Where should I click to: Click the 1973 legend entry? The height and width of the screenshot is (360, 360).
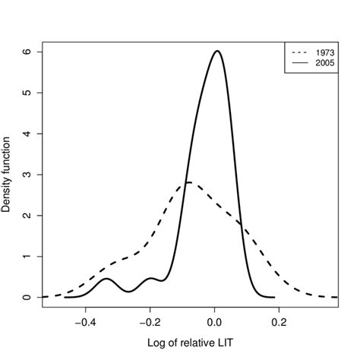[321, 52]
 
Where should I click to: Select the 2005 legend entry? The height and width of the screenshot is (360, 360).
[321, 64]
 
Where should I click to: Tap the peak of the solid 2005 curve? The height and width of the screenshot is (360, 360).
[217, 52]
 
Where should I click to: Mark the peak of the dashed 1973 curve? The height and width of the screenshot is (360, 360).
[188, 182]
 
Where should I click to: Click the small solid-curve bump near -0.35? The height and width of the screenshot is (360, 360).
[106, 279]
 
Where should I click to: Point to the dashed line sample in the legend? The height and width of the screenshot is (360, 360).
[299, 52]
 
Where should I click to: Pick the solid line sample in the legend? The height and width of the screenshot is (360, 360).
[299, 64]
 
